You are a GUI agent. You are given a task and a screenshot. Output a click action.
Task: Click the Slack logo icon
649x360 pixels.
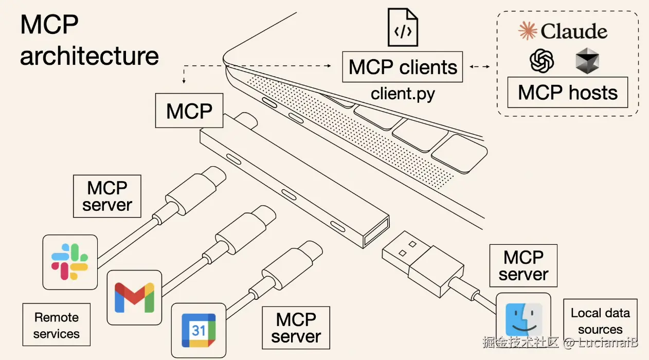pyautogui.click(x=69, y=262)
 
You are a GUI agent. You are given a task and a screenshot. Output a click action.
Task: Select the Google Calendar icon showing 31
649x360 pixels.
pyautogui.click(x=199, y=330)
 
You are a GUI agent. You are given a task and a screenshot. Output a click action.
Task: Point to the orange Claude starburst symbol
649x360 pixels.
pyautogui.click(x=528, y=31)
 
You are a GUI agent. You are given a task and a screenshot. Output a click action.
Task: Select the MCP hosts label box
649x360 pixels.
pyautogui.click(x=567, y=93)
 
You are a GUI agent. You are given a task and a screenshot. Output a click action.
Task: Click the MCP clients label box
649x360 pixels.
pyautogui.click(x=403, y=67)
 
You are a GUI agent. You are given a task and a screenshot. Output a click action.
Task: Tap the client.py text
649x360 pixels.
pyautogui.click(x=403, y=94)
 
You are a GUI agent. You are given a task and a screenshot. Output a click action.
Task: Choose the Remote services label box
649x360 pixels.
pyautogui.click(x=57, y=325)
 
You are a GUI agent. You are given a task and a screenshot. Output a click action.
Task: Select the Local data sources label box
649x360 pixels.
pyautogui.click(x=600, y=321)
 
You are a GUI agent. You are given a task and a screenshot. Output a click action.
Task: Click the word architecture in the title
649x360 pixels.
pyautogui.click(x=89, y=56)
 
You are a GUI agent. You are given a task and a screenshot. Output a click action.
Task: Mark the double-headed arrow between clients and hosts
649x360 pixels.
pyautogui.click(x=479, y=67)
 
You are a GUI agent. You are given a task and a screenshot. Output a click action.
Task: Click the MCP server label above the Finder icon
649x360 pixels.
pyautogui.click(x=523, y=265)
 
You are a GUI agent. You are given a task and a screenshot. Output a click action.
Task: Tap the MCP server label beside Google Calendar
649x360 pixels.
pyautogui.click(x=296, y=328)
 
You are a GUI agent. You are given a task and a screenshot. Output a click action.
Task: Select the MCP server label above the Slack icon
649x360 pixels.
pyautogui.click(x=107, y=196)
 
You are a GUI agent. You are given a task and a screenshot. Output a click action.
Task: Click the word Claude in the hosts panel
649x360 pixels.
pyautogui.click(x=573, y=31)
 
